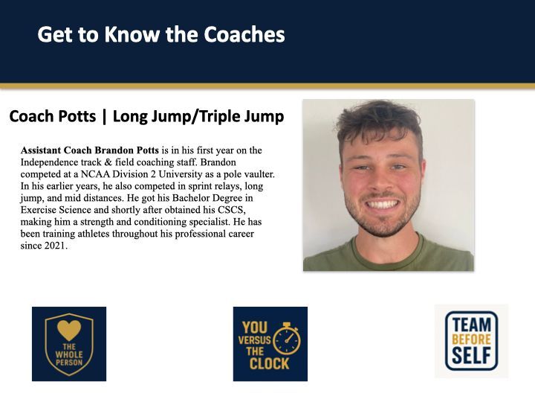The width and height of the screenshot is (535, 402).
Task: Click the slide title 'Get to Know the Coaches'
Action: point(161,34)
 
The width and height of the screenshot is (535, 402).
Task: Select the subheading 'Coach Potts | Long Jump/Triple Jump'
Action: point(146,117)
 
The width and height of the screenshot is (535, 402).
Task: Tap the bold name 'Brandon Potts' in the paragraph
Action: point(126,150)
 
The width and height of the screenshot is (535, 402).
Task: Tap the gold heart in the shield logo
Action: point(68,328)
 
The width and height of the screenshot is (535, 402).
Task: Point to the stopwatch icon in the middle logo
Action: point(286,339)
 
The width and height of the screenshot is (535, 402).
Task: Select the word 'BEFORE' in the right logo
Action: point(472,339)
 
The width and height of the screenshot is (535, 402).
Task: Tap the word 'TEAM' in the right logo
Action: point(472,325)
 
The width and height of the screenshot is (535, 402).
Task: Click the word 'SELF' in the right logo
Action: point(472,356)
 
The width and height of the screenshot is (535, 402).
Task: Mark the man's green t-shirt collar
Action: point(386,246)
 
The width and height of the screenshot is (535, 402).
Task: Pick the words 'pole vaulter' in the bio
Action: point(250,174)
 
